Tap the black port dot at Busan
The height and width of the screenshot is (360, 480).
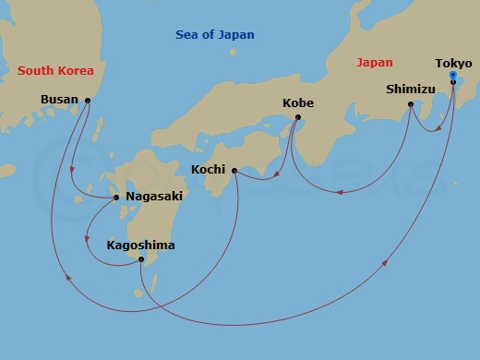pos(88,101)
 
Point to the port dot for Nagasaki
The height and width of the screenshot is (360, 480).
pos(116,197)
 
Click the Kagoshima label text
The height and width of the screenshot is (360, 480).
pos(140,246)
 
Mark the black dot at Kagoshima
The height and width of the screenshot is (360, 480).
pos(140,259)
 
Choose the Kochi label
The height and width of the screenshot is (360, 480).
pos(208,170)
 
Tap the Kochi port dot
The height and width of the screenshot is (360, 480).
pos(234,171)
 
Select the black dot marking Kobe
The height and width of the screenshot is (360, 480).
pos(297,117)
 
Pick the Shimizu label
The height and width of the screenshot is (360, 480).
pos(409,90)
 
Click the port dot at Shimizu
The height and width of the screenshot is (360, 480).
pos(411,104)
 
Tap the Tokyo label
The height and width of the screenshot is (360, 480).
pos(452,64)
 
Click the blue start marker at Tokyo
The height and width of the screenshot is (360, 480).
pos(452,74)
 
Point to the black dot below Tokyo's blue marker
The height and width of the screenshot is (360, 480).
pos(452,82)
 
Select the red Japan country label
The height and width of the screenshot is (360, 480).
pos(374,63)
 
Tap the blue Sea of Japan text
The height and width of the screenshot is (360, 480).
pos(215,35)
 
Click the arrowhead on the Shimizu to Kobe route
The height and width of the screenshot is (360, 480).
pos(339,192)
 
